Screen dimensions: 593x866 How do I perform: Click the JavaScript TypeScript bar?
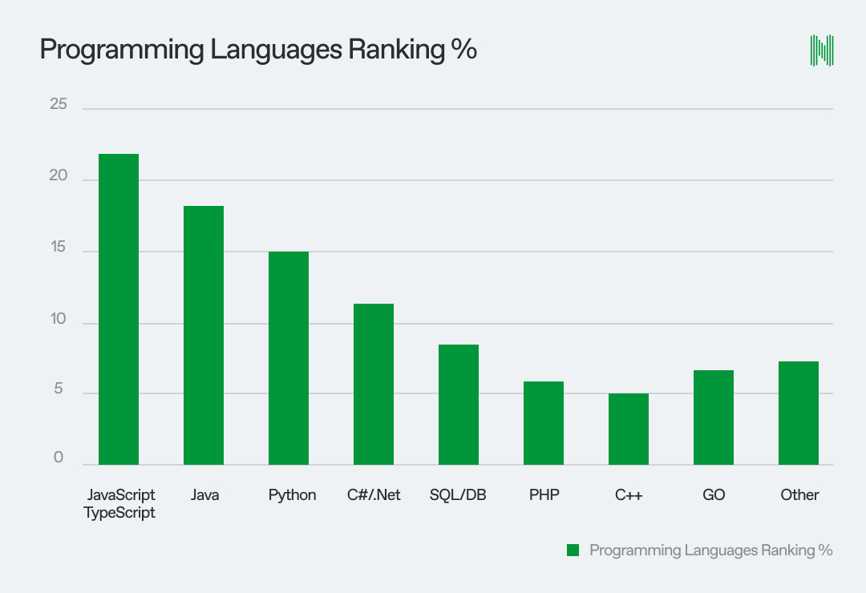coord(119,309)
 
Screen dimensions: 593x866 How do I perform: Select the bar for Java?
coord(204,335)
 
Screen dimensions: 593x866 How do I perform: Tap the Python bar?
coord(289,358)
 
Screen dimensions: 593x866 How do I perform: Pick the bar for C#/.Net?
coord(374,384)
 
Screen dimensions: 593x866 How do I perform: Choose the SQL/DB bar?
coord(459,405)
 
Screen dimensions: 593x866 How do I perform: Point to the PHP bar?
coord(544,423)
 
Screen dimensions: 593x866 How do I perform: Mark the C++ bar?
coord(629,429)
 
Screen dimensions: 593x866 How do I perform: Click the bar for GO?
coord(714,418)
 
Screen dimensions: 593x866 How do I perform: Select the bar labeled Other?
coord(799,413)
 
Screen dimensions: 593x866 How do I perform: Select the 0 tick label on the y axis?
coord(59,458)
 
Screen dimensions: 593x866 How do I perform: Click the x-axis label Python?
coord(292,495)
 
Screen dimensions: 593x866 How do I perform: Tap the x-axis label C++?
coord(629,495)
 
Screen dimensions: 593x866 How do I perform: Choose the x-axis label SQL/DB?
coord(458,495)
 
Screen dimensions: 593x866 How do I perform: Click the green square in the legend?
coord(573,550)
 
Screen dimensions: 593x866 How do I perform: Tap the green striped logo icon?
coord(822,50)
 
